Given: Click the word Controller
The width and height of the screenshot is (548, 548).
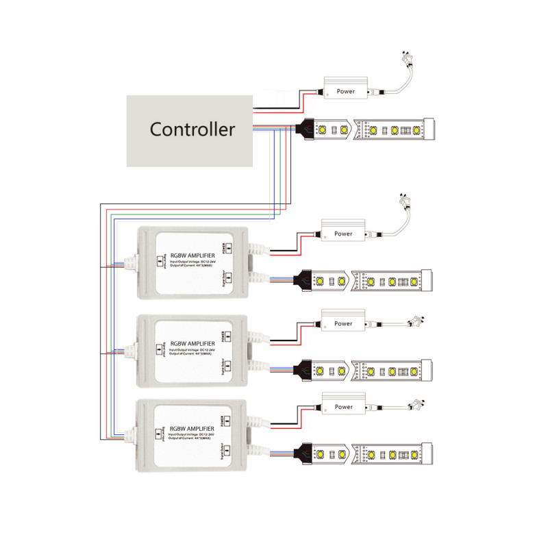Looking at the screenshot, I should point(192,129).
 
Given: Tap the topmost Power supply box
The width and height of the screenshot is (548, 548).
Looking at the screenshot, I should point(347,90).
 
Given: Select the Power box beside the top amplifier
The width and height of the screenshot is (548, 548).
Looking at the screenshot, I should point(343,234).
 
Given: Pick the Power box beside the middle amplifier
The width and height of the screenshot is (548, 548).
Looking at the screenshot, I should point(343,323).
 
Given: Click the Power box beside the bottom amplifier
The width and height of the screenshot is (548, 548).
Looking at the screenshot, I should point(343,407).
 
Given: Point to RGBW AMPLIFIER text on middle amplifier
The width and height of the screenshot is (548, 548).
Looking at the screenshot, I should point(192,343).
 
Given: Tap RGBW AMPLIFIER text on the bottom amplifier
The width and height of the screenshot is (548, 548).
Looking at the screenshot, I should point(192,427).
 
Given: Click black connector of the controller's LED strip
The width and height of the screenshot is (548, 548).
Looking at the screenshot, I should point(305,128).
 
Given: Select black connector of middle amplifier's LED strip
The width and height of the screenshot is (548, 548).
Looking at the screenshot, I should point(302,371).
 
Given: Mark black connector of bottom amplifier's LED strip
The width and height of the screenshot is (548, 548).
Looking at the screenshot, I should point(302,453).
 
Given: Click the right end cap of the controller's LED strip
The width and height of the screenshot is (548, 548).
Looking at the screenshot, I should point(430,128).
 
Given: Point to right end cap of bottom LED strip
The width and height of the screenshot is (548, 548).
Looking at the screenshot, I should point(428,453).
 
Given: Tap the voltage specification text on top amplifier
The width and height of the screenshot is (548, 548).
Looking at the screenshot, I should point(192,262).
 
